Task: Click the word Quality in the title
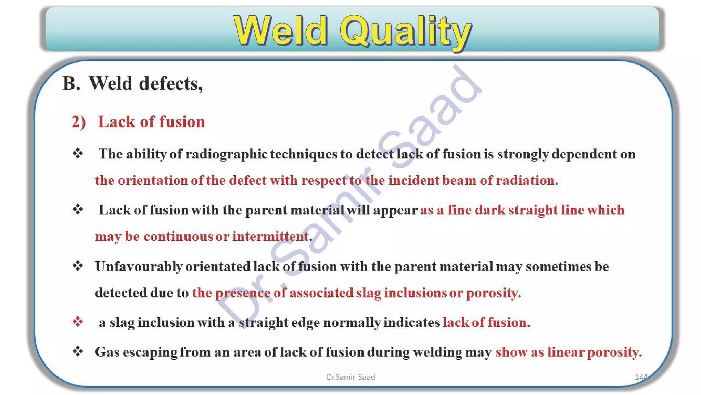pyautogui.click(x=406, y=32)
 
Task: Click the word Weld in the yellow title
pyautogui.click(x=281, y=31)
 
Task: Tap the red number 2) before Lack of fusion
pyautogui.click(x=78, y=122)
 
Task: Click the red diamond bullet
pyautogui.click(x=78, y=322)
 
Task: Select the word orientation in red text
pyautogui.click(x=153, y=180)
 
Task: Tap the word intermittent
pyautogui.click(x=270, y=236)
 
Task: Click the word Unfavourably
pyautogui.click(x=139, y=266)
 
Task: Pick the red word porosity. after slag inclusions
pyautogui.click(x=493, y=293)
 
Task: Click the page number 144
pyautogui.click(x=641, y=377)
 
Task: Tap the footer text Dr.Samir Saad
pyautogui.click(x=350, y=377)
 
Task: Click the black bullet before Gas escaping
pyautogui.click(x=78, y=351)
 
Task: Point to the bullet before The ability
pyautogui.click(x=78, y=153)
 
